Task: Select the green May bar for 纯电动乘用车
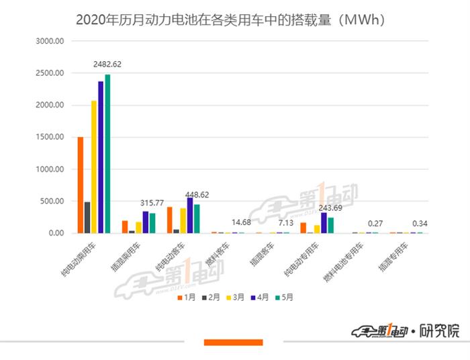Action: [107, 154]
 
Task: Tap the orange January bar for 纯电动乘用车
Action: [81, 185]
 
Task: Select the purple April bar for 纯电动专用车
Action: [324, 223]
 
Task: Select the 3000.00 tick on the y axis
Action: [50, 41]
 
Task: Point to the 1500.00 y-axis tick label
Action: [50, 137]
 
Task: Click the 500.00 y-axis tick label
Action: [52, 201]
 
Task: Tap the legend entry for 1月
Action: [187, 296]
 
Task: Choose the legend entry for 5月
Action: [280, 296]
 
